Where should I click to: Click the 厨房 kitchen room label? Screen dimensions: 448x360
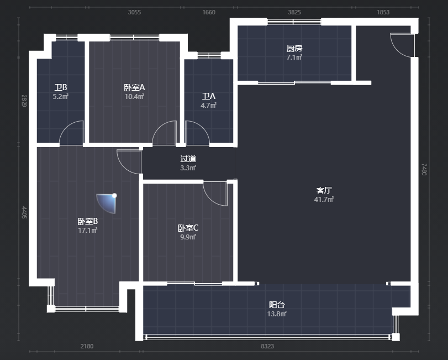[x=294, y=48]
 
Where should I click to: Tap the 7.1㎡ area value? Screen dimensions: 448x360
[x=294, y=57]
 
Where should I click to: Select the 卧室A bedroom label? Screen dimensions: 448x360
[x=134, y=87]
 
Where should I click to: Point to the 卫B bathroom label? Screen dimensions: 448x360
[x=61, y=87]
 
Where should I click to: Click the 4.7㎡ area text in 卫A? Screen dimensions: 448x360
[x=208, y=105]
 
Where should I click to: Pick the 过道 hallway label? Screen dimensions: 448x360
[x=188, y=159]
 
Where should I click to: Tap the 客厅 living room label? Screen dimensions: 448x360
[x=324, y=190]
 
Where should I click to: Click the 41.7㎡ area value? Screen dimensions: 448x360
[x=324, y=199]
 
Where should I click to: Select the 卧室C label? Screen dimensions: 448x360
[x=188, y=228]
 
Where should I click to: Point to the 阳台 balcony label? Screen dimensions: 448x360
[x=277, y=305]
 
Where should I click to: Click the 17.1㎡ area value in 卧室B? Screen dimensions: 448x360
[x=88, y=230]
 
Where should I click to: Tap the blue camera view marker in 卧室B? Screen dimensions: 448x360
[x=107, y=203]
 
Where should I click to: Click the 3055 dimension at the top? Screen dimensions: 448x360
[x=134, y=12]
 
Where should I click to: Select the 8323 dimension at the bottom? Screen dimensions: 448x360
[x=267, y=346]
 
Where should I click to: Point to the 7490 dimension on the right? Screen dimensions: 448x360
[x=424, y=169]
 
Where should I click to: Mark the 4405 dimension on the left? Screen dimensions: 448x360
[x=24, y=212]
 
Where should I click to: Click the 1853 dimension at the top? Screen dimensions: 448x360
[x=383, y=12]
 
